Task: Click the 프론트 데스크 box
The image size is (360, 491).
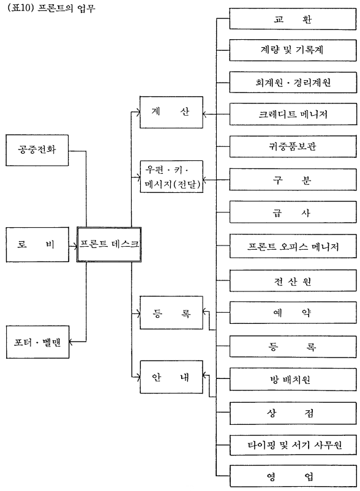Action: click(x=109, y=244)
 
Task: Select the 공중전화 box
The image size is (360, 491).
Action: click(x=37, y=151)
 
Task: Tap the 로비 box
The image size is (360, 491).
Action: click(x=37, y=244)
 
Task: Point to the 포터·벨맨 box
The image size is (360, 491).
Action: click(x=37, y=342)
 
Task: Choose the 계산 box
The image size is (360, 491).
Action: click(x=171, y=112)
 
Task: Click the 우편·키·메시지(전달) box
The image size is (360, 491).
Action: click(x=171, y=176)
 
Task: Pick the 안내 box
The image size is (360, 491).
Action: click(x=171, y=377)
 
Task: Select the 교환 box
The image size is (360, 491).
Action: click(x=293, y=19)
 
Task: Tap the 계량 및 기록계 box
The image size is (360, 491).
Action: click(x=293, y=50)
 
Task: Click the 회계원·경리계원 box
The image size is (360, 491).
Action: click(x=293, y=83)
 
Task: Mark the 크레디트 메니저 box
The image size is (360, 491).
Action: click(x=293, y=114)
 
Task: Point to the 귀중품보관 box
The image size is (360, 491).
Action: click(x=293, y=146)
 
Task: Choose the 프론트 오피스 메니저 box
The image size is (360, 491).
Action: click(x=293, y=247)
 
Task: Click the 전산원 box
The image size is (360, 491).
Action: click(x=293, y=281)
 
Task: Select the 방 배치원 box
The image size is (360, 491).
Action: click(x=293, y=380)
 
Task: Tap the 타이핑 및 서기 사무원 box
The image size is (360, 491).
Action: click(x=293, y=444)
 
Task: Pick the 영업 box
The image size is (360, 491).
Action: click(x=293, y=476)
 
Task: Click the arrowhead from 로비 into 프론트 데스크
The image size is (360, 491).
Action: click(x=75, y=247)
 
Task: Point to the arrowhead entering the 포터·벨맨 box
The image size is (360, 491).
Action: click(x=71, y=342)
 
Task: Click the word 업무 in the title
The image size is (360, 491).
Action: click(x=86, y=7)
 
